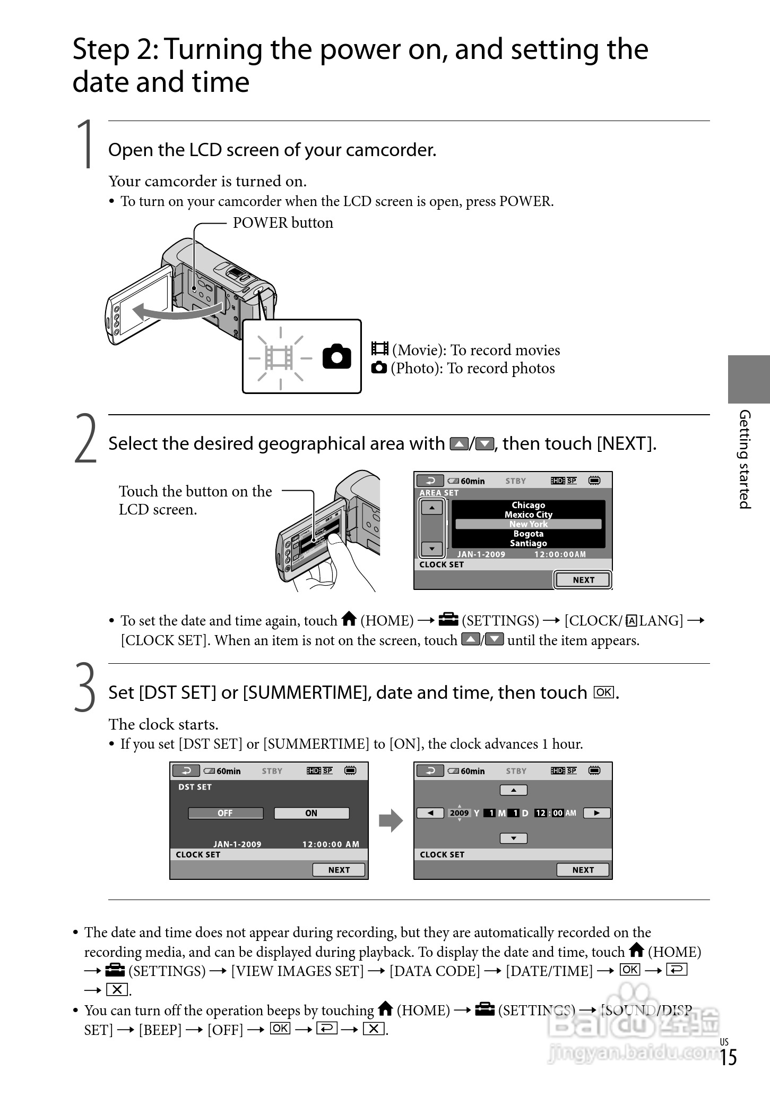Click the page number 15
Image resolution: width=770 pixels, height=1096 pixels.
[728, 1057]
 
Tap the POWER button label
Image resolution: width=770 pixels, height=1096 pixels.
[283, 222]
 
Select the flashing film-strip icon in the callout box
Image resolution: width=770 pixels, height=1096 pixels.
[280, 357]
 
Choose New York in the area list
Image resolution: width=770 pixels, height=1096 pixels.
[528, 524]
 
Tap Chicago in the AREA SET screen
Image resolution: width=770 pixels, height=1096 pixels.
[528, 505]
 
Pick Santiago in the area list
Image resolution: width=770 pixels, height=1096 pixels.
[528, 543]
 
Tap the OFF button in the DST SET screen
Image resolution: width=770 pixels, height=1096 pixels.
[226, 813]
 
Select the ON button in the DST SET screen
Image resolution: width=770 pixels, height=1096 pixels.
[312, 813]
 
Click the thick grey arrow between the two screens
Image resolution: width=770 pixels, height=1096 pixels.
[391, 820]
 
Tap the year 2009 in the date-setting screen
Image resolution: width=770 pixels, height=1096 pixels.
[460, 813]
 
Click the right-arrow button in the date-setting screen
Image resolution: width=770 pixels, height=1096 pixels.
[597, 813]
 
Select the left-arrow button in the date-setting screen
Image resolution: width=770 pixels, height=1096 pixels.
[430, 813]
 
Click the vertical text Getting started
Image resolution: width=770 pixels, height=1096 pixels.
[745, 459]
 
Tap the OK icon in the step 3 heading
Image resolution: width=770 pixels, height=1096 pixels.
[604, 692]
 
